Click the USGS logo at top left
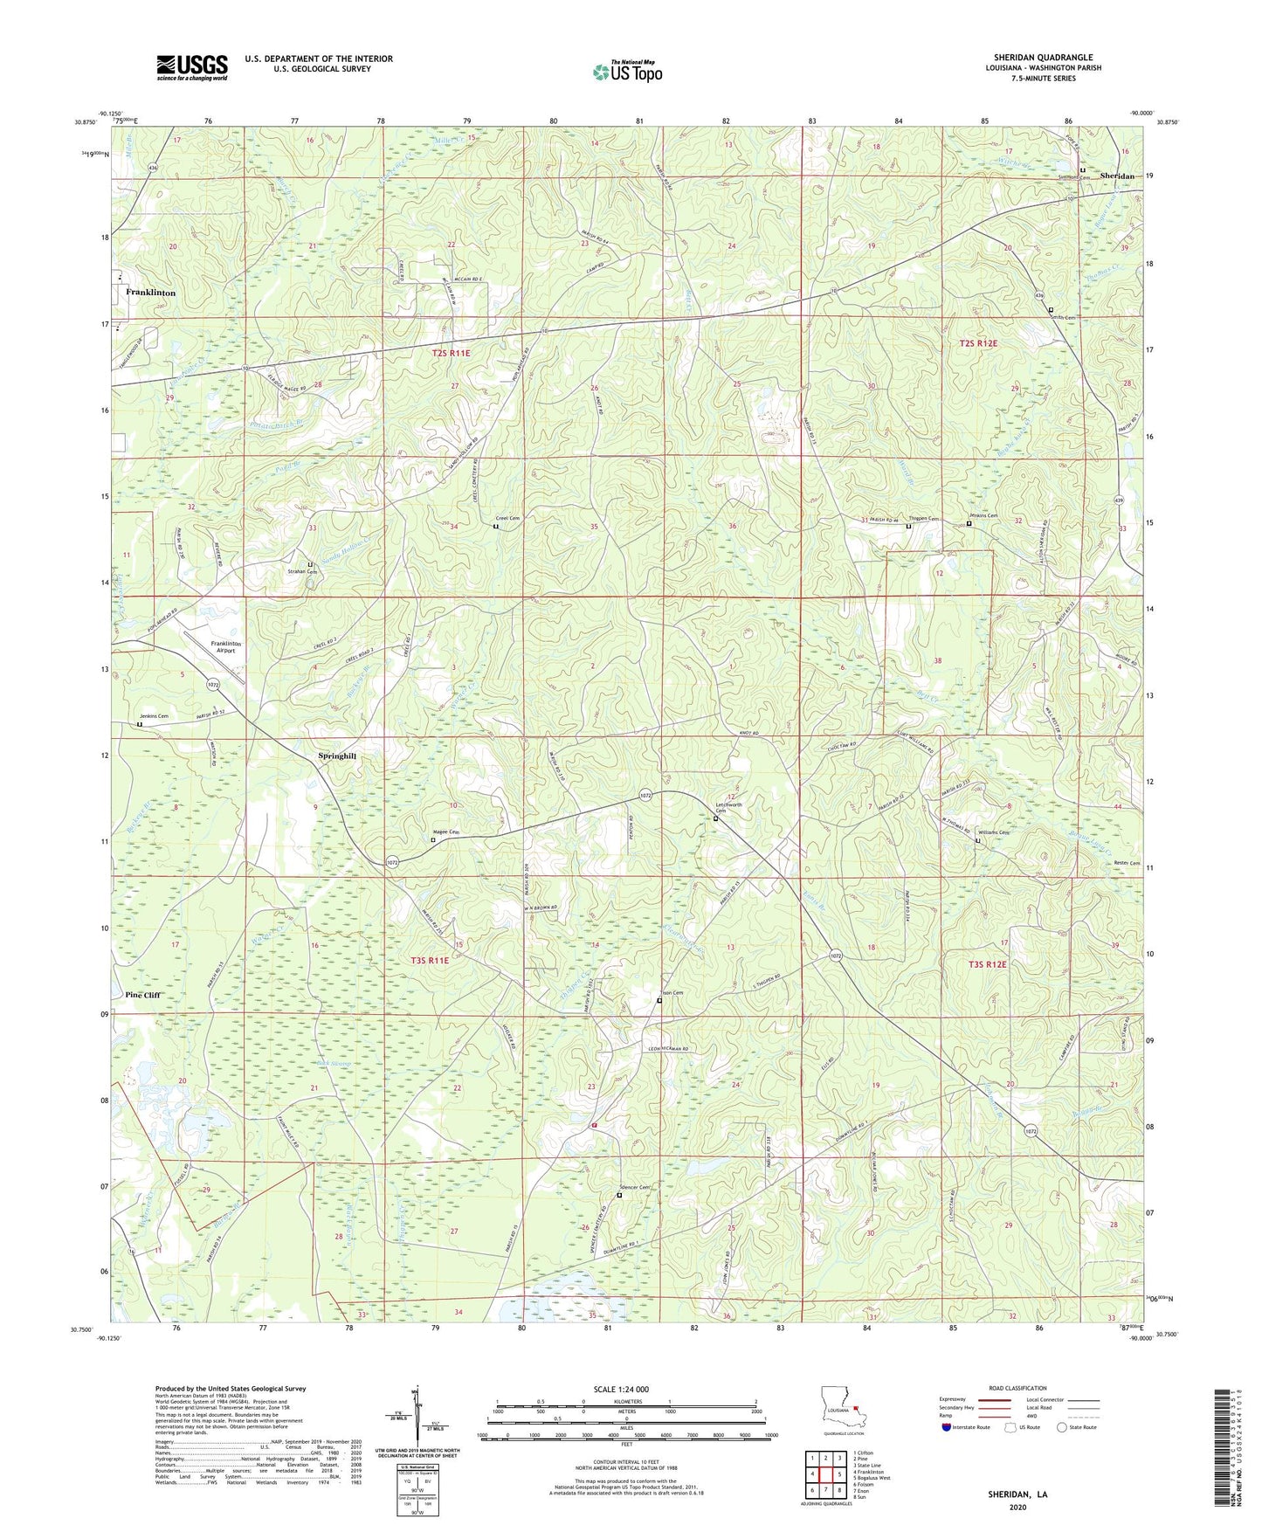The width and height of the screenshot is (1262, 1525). click(192, 67)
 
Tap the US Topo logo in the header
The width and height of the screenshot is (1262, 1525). click(627, 72)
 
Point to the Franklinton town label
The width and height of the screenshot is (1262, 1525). click(150, 293)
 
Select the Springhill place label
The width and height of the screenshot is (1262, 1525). click(337, 756)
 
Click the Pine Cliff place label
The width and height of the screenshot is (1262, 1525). click(143, 995)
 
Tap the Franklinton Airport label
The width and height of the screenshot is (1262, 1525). click(226, 647)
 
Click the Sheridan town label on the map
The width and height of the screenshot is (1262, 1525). click(1117, 176)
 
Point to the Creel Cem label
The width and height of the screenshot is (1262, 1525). click(507, 519)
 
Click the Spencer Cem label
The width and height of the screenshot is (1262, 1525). click(635, 1187)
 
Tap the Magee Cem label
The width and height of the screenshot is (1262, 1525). click(446, 832)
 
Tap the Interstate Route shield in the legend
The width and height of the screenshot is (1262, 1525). click(947, 1427)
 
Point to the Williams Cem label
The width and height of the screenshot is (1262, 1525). click(994, 832)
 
